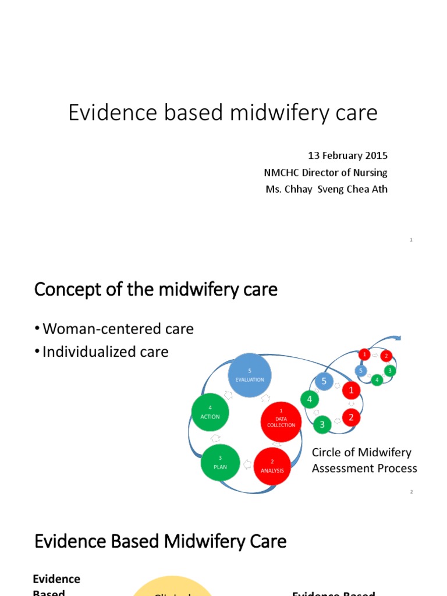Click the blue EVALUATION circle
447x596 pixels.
click(249, 375)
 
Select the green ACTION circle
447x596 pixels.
click(210, 413)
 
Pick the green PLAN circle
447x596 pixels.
click(220, 463)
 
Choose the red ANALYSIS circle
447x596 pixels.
click(272, 466)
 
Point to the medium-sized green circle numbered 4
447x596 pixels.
click(310, 399)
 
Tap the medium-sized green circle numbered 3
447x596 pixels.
click(322, 425)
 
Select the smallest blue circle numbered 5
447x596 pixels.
click(361, 370)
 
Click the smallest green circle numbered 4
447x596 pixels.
click(377, 380)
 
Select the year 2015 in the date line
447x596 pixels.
click(377, 156)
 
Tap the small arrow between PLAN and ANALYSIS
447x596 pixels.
click(247, 464)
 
